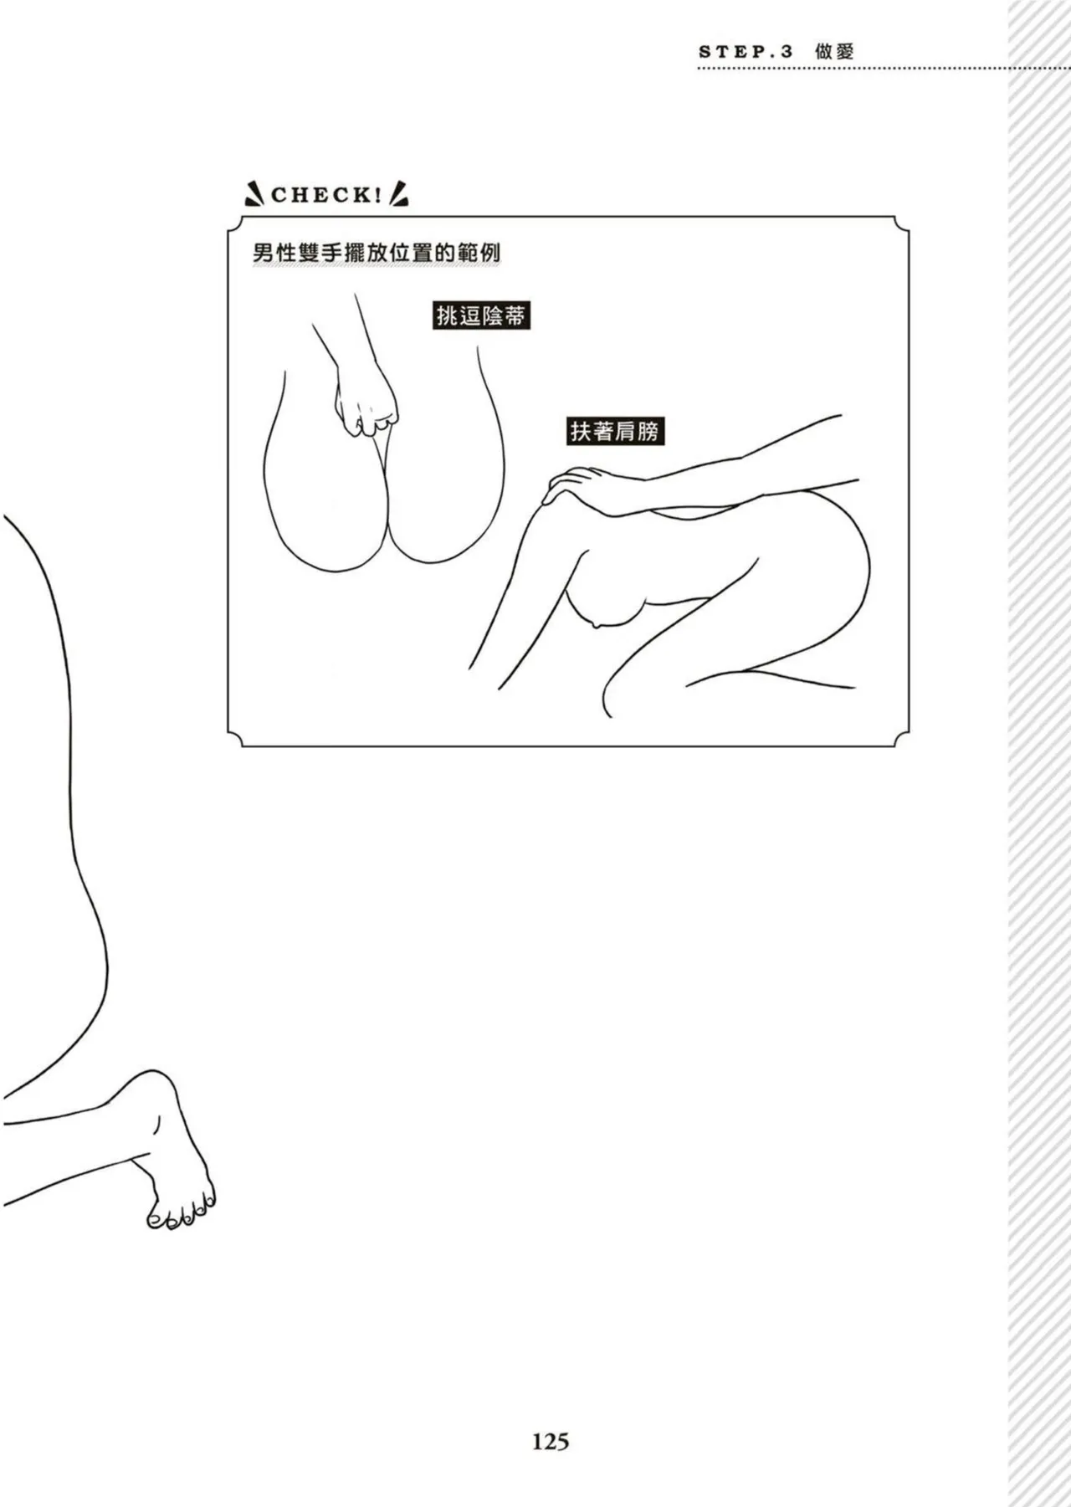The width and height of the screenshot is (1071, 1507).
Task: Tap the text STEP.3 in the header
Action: [x=746, y=51]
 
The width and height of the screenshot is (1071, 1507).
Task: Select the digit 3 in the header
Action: [x=786, y=51]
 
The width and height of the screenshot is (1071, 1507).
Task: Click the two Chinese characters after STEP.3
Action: [x=834, y=51]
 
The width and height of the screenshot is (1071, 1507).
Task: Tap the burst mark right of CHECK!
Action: [x=399, y=194]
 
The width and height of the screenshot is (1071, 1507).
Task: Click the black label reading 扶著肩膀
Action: [x=615, y=431]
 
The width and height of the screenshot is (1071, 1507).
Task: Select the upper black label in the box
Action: [x=481, y=315]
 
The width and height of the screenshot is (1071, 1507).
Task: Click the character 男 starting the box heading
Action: [x=264, y=253]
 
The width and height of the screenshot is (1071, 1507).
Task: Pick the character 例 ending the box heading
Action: [x=490, y=253]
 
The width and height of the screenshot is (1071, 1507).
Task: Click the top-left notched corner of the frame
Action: [x=235, y=224]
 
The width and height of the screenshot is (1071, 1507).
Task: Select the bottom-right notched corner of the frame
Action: [x=901, y=739]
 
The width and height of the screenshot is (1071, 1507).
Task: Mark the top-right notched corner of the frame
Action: [x=901, y=224]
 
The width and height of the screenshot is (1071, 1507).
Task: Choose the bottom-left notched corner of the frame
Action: [x=235, y=739]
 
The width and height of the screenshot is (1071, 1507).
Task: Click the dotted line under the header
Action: [x=853, y=69]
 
